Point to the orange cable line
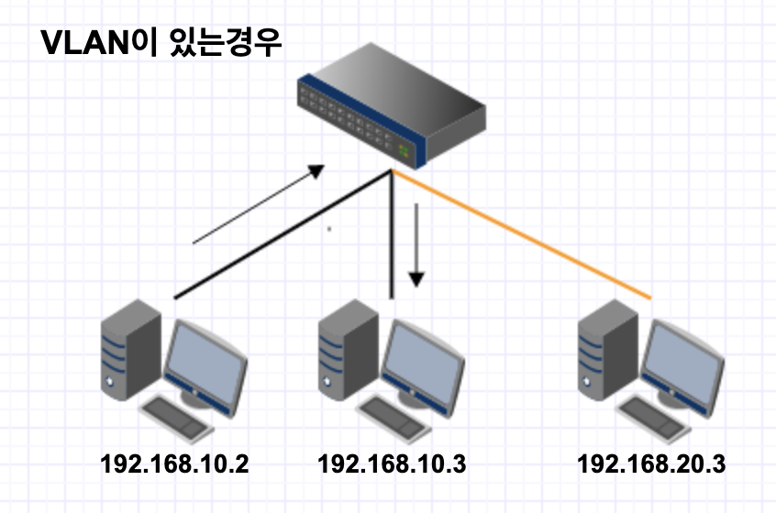pyautogui.click(x=523, y=235)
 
